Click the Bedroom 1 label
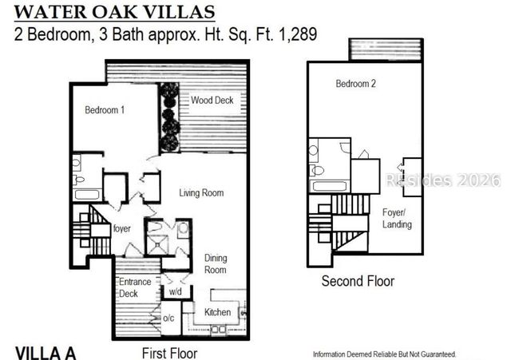coord(105,110)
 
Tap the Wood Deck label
coord(212,100)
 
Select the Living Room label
coord(201,193)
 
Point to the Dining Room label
coord(216,264)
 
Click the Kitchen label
coord(217,312)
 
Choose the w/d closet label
coord(176,291)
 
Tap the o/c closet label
coord(168,318)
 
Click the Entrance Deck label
coord(135,287)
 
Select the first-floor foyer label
coord(122,228)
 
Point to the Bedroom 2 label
coord(355,83)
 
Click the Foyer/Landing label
coord(397,218)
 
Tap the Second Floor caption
coord(358,281)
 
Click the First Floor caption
coord(170,353)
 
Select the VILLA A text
coord(46,353)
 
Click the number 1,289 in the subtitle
coord(298,34)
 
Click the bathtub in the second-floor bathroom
coord(329,187)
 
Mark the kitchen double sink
coord(219,330)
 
